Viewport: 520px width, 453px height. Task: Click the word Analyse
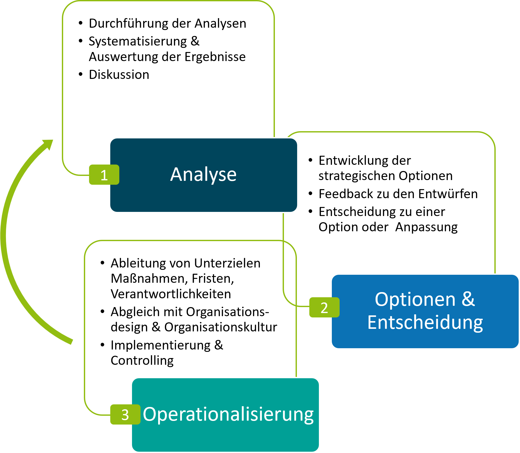203,175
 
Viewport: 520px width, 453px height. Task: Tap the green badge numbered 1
104,175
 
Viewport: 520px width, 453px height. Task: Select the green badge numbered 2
324,307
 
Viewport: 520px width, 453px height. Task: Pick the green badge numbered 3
125,414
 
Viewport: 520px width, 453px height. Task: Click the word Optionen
415,300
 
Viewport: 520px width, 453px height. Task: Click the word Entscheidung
425,323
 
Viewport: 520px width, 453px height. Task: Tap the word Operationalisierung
228,414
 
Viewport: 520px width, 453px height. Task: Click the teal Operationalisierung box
225,437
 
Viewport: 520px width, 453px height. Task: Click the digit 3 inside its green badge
125,415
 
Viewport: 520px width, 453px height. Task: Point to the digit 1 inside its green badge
104,175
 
